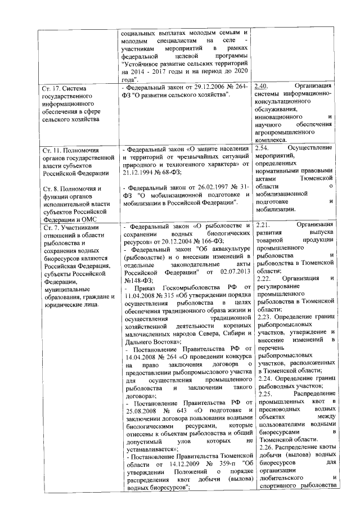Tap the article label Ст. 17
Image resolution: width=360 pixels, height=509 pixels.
click(53, 88)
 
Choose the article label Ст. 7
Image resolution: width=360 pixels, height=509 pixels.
click(52, 226)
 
